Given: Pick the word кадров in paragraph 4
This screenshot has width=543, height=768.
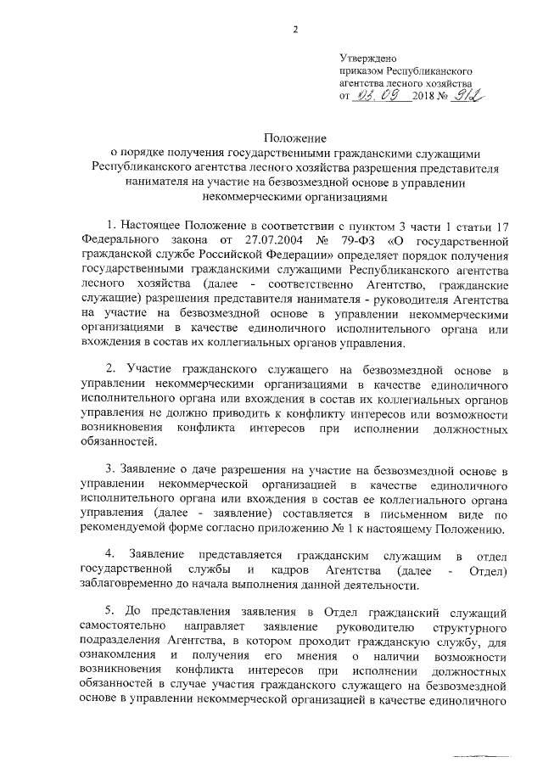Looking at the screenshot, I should [282, 570].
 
